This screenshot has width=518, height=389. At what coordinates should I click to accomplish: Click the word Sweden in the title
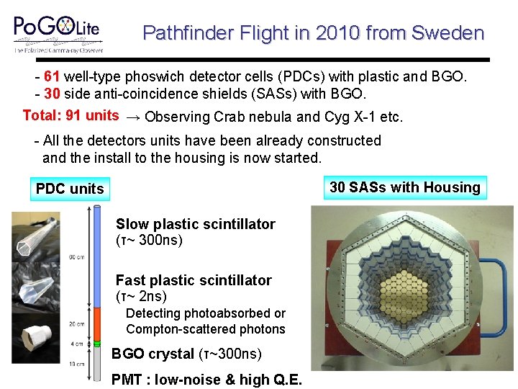pos(448,33)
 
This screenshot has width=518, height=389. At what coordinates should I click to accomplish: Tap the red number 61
pos(52,76)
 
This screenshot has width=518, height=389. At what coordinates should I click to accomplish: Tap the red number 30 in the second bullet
pos(52,94)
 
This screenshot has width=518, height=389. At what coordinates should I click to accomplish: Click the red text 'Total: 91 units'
pos(71,115)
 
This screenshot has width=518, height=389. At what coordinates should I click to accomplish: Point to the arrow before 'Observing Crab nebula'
pos(133,117)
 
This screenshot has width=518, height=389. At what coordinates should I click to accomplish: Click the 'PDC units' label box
pos(70,189)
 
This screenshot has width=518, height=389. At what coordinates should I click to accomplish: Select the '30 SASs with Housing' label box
pos(405,187)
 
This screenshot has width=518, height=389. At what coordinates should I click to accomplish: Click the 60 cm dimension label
pos(76,256)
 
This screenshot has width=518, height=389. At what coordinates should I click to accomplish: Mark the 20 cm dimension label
pos(76,323)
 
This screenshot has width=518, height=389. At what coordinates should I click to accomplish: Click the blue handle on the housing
pos(501,288)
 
